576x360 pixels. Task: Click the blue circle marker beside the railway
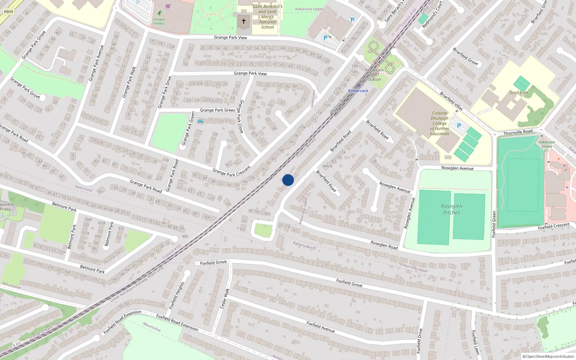[x=288, y=180]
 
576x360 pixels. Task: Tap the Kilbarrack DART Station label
[x=374, y=75]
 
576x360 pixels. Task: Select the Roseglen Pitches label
[x=451, y=209]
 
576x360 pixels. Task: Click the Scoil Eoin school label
[x=519, y=93]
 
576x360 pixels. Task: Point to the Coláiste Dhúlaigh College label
[x=440, y=123]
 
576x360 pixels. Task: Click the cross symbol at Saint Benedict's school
[x=244, y=21]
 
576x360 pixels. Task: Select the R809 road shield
[x=8, y=12]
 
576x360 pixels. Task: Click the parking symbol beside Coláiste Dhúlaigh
[x=459, y=126]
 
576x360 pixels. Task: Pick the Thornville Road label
[x=518, y=132]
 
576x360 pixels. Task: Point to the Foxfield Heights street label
[x=177, y=296]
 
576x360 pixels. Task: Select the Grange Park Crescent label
[x=231, y=171]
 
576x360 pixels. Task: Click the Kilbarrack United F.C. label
[x=546, y=146]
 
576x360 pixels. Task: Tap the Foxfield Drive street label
[x=419, y=341]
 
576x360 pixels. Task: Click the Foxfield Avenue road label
[x=320, y=327]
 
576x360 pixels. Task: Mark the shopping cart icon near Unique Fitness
[x=168, y=6]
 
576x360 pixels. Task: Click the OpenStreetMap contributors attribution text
[x=548, y=356]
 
